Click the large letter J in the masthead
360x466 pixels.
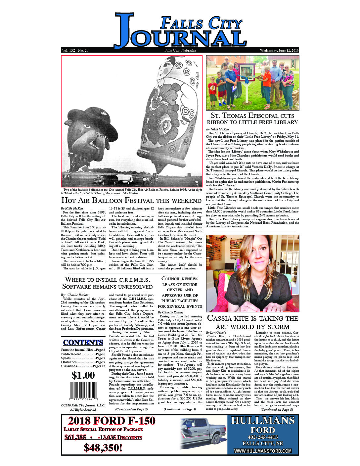pyautogui.click(x=124, y=30)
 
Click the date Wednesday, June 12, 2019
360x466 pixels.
pyautogui.click(x=279, y=51)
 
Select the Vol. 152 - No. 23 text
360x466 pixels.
pyautogui.click(x=75, y=51)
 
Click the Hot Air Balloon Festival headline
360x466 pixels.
pyautogui.click(x=131, y=201)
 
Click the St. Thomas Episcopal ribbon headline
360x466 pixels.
pyautogui.click(x=252, y=118)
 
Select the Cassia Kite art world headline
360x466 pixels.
pyautogui.click(x=252, y=322)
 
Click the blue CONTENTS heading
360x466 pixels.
pyautogui.click(x=83, y=343)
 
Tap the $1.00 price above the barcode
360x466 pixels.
pyautogui.click(x=83, y=375)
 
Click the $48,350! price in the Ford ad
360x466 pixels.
pyautogui.click(x=103, y=448)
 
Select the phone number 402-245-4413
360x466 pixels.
pyautogui.click(x=263, y=437)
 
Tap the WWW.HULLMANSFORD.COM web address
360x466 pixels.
pyautogui.click(x=263, y=451)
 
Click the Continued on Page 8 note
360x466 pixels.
pyautogui.click(x=277, y=410)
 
